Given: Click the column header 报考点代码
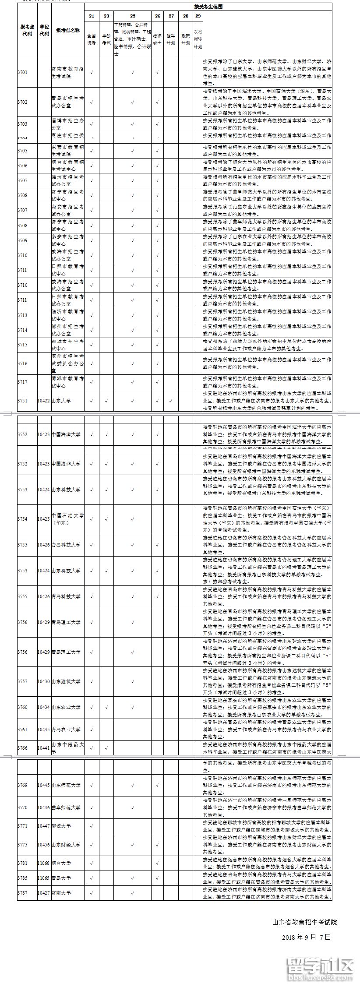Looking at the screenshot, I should pos(27,30).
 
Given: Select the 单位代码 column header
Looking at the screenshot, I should pos(44,30).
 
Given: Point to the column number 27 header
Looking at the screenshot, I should pos(171,16).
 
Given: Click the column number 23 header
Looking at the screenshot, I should pos(106,16).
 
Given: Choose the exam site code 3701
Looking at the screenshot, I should pos(22,72).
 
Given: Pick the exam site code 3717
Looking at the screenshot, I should pos(22,382).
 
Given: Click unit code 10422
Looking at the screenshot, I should pos(44,400).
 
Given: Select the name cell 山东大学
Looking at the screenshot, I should pos(61,400).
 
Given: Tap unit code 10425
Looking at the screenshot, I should pos(44,519).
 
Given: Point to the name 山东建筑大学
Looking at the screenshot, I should pos(66,681).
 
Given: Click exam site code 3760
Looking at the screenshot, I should pos(22,707).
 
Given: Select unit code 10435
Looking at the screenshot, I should pos(44,730).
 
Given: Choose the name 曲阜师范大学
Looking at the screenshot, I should pos(66,807).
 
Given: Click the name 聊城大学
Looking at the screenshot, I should pos(61,826).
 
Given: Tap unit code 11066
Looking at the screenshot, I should pos(44,863).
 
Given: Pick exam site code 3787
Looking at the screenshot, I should pos(22,893).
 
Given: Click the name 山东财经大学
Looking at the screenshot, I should pos(66,845).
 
